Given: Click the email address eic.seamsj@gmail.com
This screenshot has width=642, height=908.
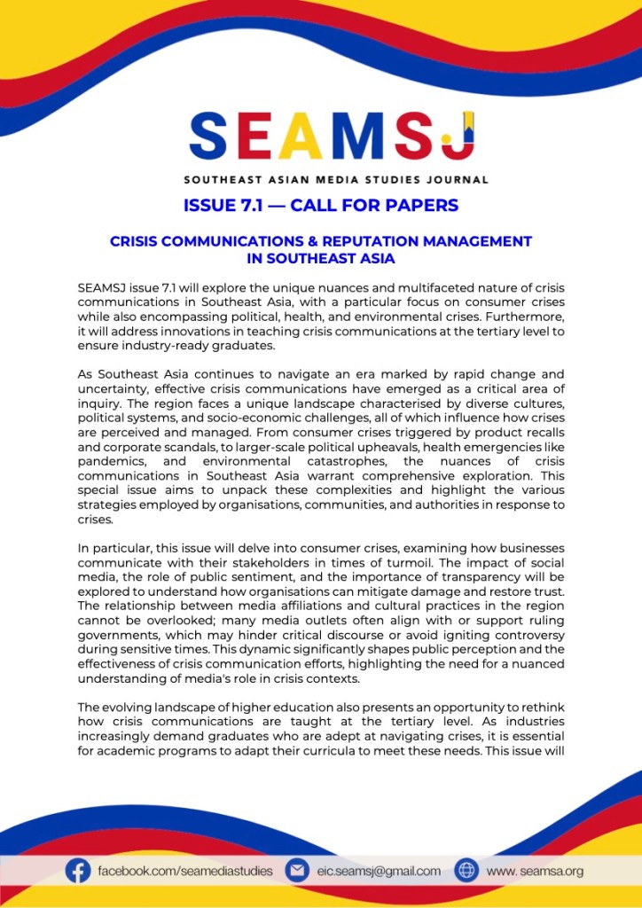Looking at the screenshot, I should (x=379, y=871).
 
